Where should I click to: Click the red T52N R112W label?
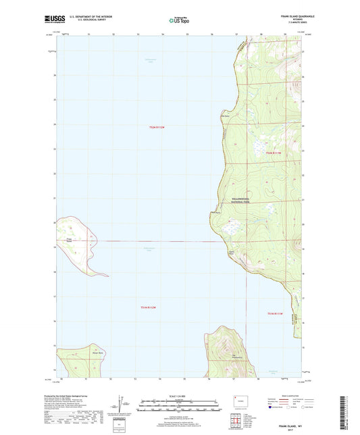point(158,128)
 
